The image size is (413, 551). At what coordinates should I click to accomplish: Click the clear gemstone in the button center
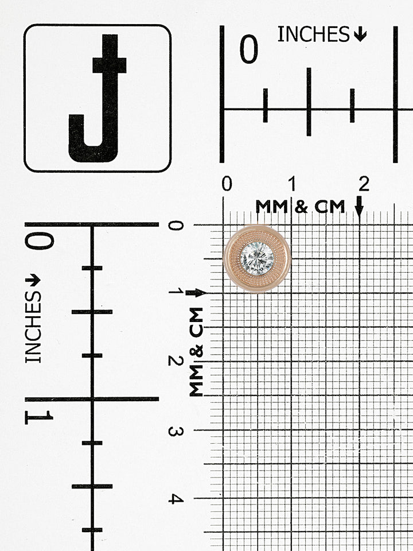(257, 259)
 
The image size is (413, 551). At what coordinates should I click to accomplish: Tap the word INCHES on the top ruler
(313, 34)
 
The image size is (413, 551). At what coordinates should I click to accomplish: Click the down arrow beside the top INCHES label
(360, 35)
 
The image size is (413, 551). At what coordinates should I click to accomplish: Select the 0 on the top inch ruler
(248, 49)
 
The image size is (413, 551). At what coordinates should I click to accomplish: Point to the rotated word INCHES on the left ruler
(33, 327)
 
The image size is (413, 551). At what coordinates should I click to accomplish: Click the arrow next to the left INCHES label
(33, 280)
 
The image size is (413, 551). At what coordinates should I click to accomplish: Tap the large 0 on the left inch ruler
(40, 240)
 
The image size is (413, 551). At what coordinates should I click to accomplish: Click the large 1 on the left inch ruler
(39, 417)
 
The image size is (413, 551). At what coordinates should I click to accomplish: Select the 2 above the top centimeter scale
(364, 184)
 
